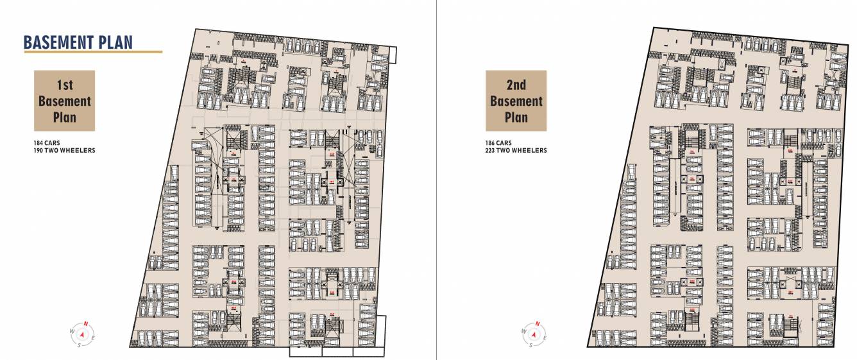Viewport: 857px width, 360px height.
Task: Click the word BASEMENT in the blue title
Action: (57, 42)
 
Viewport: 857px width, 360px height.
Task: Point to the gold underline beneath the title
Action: (92, 52)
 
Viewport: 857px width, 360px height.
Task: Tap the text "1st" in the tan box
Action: (64, 85)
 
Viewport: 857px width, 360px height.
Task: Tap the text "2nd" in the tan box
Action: (516, 85)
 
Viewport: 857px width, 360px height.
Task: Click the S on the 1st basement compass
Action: (79, 345)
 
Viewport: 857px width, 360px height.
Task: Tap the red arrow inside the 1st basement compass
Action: (81, 334)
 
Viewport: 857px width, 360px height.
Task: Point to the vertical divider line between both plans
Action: (436, 180)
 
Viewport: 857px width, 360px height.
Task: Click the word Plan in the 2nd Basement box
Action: (516, 117)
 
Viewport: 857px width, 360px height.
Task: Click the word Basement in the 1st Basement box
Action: (64, 101)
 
